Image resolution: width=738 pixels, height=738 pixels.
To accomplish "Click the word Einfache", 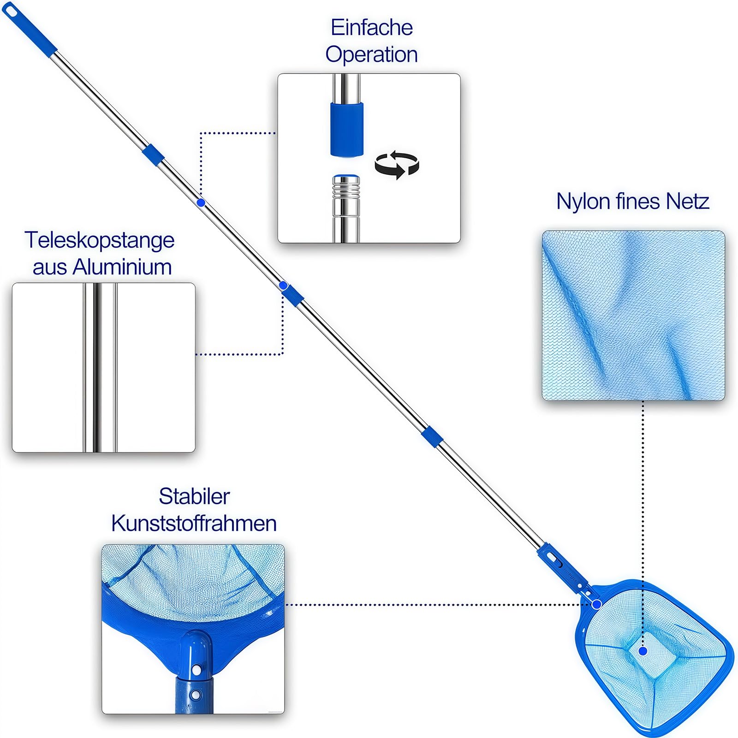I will pyautogui.click(x=371, y=28).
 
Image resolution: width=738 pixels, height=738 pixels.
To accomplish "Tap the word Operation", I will pyautogui.click(x=371, y=54).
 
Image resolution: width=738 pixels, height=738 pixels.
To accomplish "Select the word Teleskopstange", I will pyautogui.click(x=100, y=240).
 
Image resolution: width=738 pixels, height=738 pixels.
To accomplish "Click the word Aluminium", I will pyautogui.click(x=122, y=267).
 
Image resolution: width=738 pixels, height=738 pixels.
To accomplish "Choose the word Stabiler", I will pyautogui.click(x=194, y=497).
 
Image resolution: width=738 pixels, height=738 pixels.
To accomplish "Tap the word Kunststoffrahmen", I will pyautogui.click(x=194, y=524).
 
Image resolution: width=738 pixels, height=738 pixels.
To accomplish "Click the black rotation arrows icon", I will pyautogui.click(x=397, y=165).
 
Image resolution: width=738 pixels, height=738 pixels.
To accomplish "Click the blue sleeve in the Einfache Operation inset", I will pyautogui.click(x=347, y=129).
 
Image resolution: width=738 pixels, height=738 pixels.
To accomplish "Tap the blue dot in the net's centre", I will pyautogui.click(x=643, y=651).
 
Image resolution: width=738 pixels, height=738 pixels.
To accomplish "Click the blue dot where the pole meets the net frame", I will pyautogui.click(x=596, y=604).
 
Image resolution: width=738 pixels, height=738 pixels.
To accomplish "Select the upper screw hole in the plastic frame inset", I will pyautogui.click(x=196, y=668).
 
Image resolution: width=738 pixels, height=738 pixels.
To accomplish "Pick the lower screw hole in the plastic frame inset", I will pyautogui.click(x=196, y=694).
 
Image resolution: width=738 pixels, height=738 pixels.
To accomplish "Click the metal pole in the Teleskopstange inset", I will pyautogui.click(x=99, y=367).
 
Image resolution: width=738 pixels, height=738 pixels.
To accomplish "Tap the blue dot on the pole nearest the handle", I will pyautogui.click(x=201, y=202).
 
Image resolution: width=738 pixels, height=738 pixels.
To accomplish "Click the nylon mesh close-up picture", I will pyautogui.click(x=633, y=315).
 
